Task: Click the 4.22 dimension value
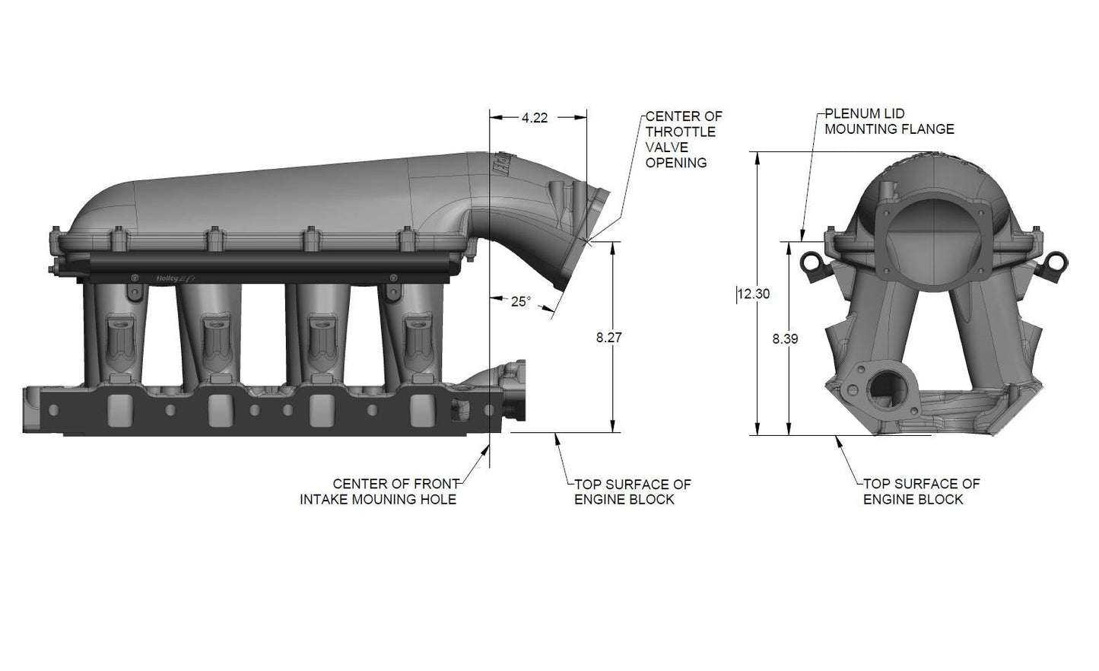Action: [x=534, y=117]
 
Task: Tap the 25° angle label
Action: [x=520, y=301]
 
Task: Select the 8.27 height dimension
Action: [x=609, y=338]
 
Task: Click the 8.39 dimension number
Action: [x=784, y=339]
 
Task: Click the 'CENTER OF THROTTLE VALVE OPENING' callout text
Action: [x=683, y=139]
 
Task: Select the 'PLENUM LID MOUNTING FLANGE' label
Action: [x=888, y=122]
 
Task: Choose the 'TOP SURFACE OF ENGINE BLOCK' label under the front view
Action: [x=920, y=491]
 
